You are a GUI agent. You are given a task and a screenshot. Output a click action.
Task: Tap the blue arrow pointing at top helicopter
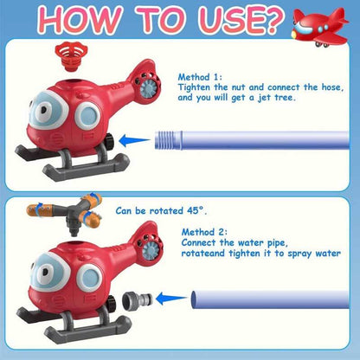(x=137, y=139)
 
